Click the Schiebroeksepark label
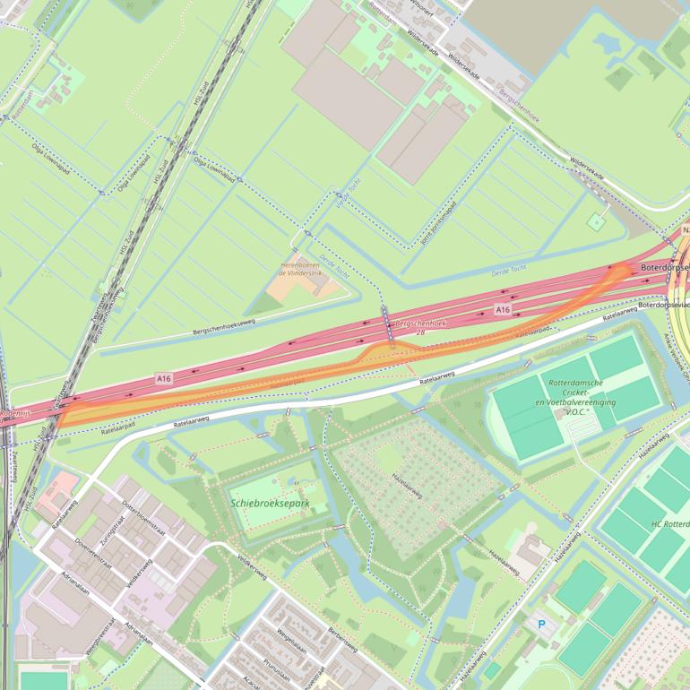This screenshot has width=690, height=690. coord(270,504)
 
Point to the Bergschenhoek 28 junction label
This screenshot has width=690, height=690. coord(420,326)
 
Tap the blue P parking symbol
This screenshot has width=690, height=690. coord(540,624)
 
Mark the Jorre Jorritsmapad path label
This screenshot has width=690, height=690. coord(438,220)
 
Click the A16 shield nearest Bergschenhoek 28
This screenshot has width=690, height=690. coord(504,309)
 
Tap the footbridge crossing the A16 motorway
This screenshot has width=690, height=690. coord(388,323)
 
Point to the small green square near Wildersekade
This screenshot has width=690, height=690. coord(597,220)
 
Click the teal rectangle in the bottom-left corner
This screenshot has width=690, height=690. coord(43,680)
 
